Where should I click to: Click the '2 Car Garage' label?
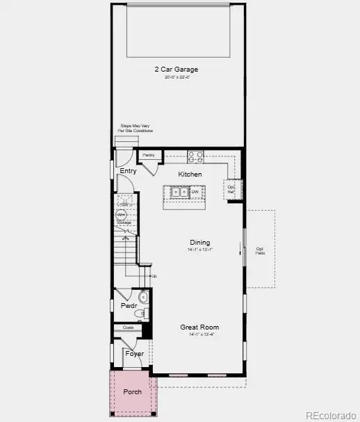(x=177, y=69)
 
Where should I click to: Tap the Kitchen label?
(x=190, y=174)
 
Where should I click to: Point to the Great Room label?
(x=199, y=327)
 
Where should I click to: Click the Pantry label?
(x=148, y=155)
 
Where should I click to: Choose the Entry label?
(x=128, y=171)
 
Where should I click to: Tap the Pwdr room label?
(x=128, y=305)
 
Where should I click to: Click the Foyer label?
(x=134, y=354)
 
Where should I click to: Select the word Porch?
(x=132, y=392)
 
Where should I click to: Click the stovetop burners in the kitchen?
(x=194, y=156)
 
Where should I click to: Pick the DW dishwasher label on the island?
(x=195, y=192)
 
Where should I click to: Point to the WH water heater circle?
(x=121, y=216)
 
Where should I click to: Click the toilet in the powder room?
(x=143, y=298)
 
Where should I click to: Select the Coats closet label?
(x=128, y=327)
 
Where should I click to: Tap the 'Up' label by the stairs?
(x=154, y=276)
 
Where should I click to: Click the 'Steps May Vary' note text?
(x=136, y=129)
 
